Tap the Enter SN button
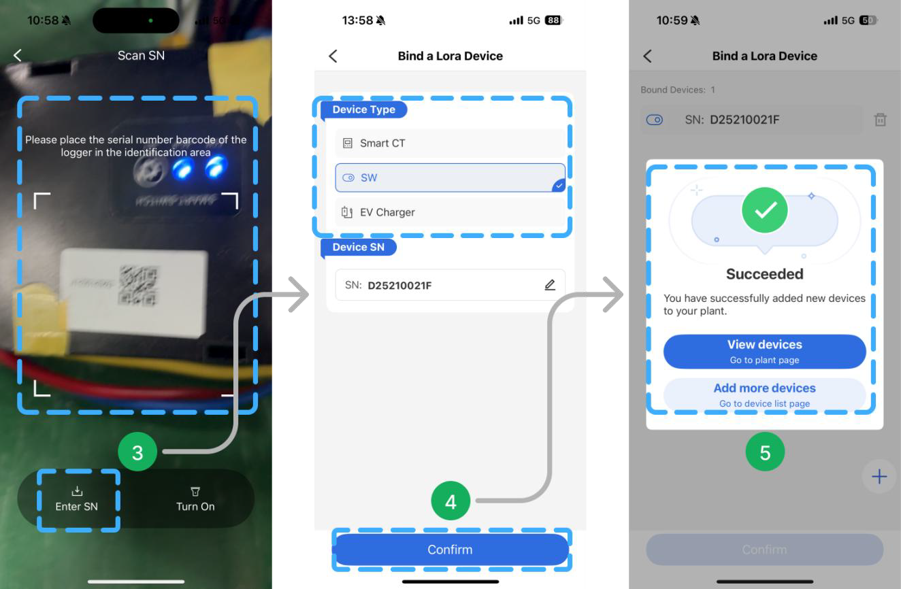point(76,499)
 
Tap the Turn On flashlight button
point(195,499)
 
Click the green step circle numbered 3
point(137,453)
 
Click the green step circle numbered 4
point(450,502)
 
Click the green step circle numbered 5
point(765,453)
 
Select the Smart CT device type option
point(450,143)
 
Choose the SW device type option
point(450,178)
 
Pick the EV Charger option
point(450,212)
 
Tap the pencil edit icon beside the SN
point(550,285)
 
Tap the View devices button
point(764,351)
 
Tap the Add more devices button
point(764,394)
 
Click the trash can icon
point(880,120)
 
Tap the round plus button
point(879,477)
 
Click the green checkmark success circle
point(765,210)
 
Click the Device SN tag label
point(358,248)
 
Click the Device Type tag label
point(363,110)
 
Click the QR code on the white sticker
point(138,285)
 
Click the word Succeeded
point(764,274)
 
